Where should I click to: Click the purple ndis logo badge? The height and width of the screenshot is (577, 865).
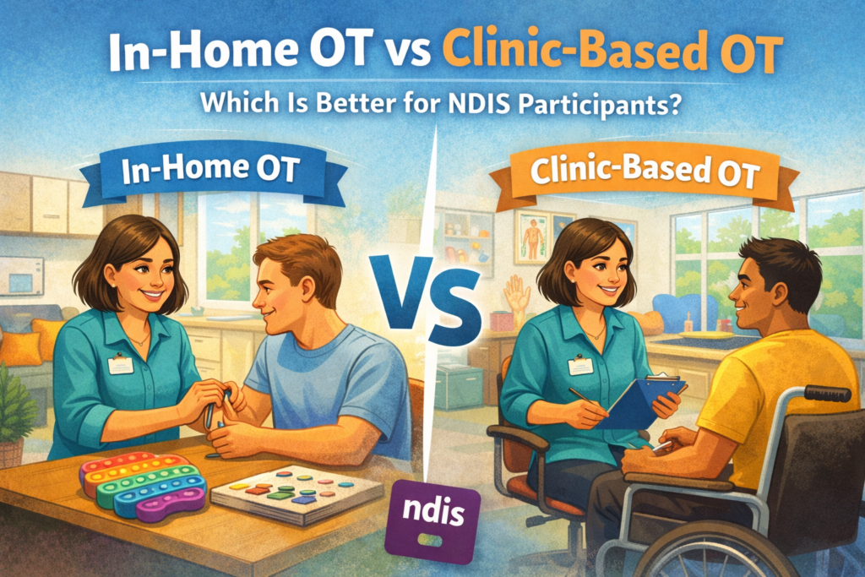click(432, 520)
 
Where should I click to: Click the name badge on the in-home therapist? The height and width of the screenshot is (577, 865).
click(121, 365)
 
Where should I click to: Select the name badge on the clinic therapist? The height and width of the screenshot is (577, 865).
click(580, 366)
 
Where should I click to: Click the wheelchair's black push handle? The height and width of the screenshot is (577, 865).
click(827, 393)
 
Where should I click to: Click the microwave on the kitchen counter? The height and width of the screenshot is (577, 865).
click(21, 275)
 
